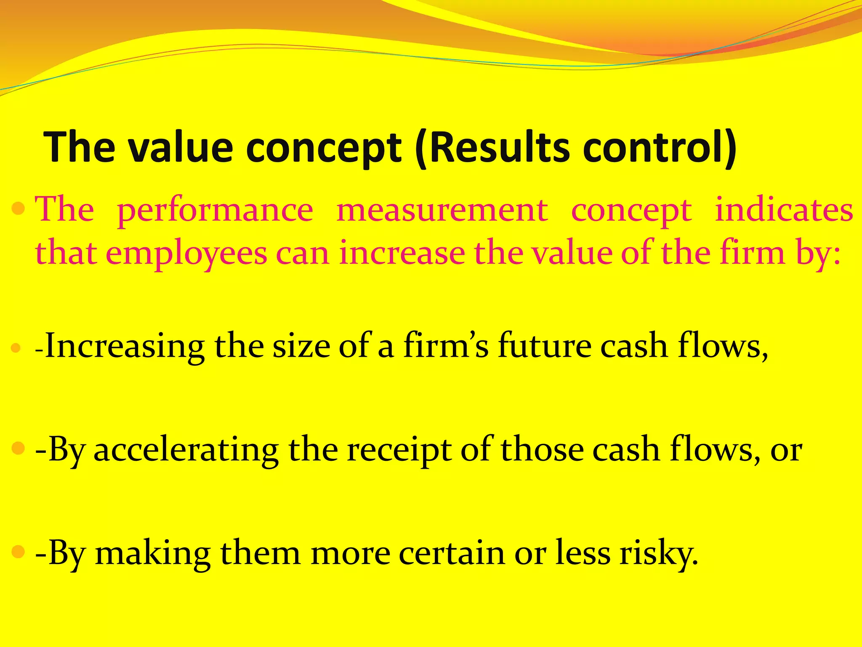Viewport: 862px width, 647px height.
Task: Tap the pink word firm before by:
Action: coord(752,253)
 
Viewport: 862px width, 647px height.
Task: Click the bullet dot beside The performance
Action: coord(19,209)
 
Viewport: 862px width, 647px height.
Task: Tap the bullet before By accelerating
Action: coord(19,448)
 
